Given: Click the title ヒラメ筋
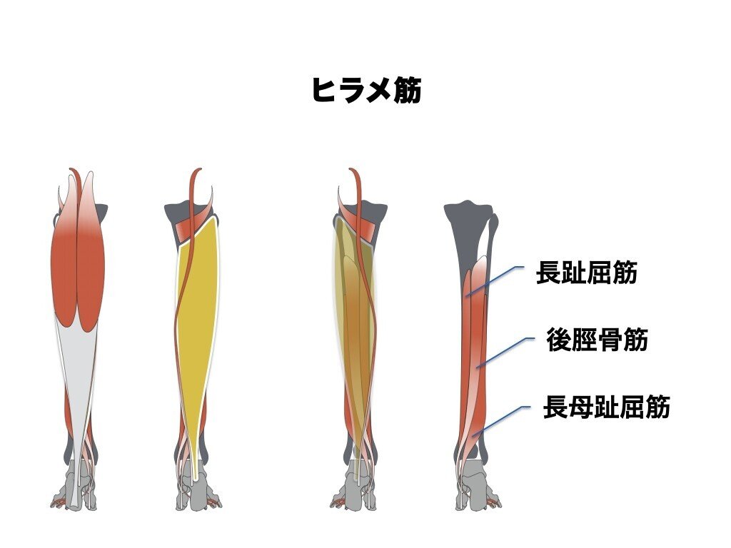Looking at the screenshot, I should [x=365, y=91].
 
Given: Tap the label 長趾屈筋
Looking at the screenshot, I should [x=586, y=273].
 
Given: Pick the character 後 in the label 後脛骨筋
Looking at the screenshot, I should [x=557, y=340].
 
